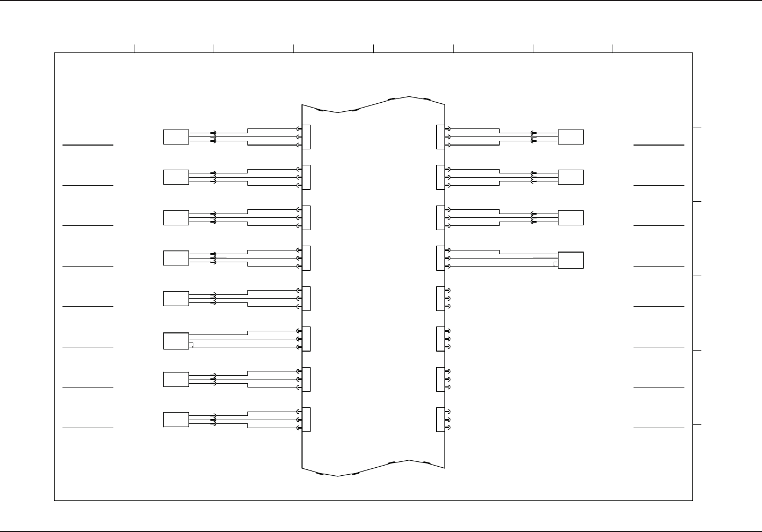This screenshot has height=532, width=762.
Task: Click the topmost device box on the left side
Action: tap(176, 137)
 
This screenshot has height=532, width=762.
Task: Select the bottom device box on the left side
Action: tap(176, 420)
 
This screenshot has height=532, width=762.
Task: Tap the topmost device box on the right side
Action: tap(570, 137)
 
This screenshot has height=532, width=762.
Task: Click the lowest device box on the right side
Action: tap(570, 260)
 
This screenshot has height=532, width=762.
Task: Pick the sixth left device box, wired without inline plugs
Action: tap(176, 341)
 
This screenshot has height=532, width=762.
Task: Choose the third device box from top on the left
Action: tap(176, 218)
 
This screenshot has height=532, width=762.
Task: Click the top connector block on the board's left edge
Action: tap(306, 137)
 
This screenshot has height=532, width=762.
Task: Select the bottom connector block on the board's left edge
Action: tap(306, 420)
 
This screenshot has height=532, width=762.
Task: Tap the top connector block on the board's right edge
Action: tap(440, 137)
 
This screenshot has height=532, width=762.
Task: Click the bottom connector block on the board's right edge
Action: tap(440, 420)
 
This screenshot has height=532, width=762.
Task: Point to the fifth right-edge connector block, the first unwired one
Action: tap(440, 299)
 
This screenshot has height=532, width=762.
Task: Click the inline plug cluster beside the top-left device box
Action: tap(214, 137)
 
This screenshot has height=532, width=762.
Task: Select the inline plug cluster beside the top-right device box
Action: tap(533, 137)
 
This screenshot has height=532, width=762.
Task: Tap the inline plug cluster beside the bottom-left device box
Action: tap(214, 420)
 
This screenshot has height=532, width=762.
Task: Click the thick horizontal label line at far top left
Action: tap(88, 145)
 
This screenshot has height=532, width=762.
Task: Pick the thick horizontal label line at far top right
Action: tap(659, 145)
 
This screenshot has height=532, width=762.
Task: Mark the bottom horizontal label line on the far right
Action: tap(659, 428)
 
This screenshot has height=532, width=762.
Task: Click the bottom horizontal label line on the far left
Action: tap(88, 428)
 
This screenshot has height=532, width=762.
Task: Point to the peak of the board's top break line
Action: tap(409, 97)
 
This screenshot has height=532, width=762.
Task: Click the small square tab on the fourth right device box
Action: tap(556, 264)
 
